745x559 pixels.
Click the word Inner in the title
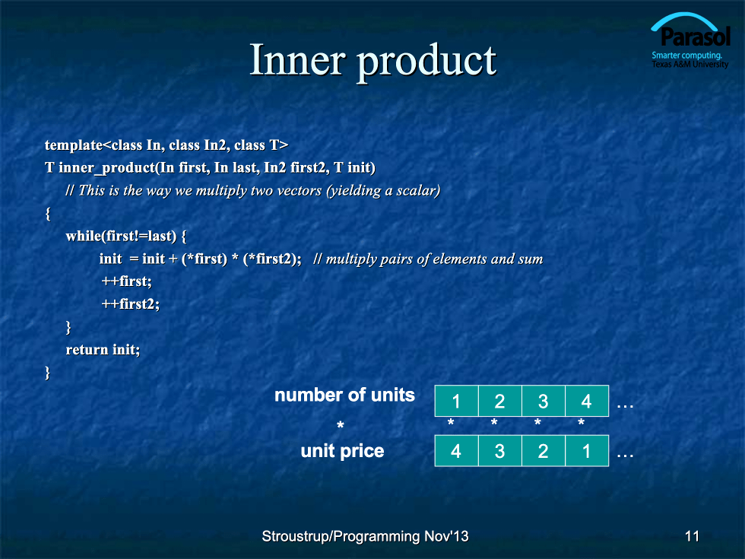pyautogui.click(x=297, y=59)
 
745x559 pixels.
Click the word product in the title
pyautogui.click(x=426, y=62)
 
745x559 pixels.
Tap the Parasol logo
pyautogui.click(x=690, y=41)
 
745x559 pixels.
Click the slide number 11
pyautogui.click(x=692, y=536)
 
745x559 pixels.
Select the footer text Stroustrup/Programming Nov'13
pyautogui.click(x=365, y=536)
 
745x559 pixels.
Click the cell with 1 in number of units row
pyautogui.click(x=457, y=402)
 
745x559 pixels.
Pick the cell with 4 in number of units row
pyautogui.click(x=587, y=402)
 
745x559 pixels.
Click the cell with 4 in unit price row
pyautogui.click(x=457, y=450)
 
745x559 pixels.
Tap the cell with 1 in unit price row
pyautogui.click(x=587, y=450)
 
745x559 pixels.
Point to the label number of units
pyautogui.click(x=344, y=395)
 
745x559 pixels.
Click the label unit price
pyautogui.click(x=342, y=450)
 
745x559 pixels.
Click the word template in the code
pyautogui.click(x=74, y=145)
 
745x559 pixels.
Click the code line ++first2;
pyautogui.click(x=131, y=304)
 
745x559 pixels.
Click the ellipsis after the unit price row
pyautogui.click(x=625, y=456)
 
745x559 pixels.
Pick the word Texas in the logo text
pyautogui.click(x=661, y=64)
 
